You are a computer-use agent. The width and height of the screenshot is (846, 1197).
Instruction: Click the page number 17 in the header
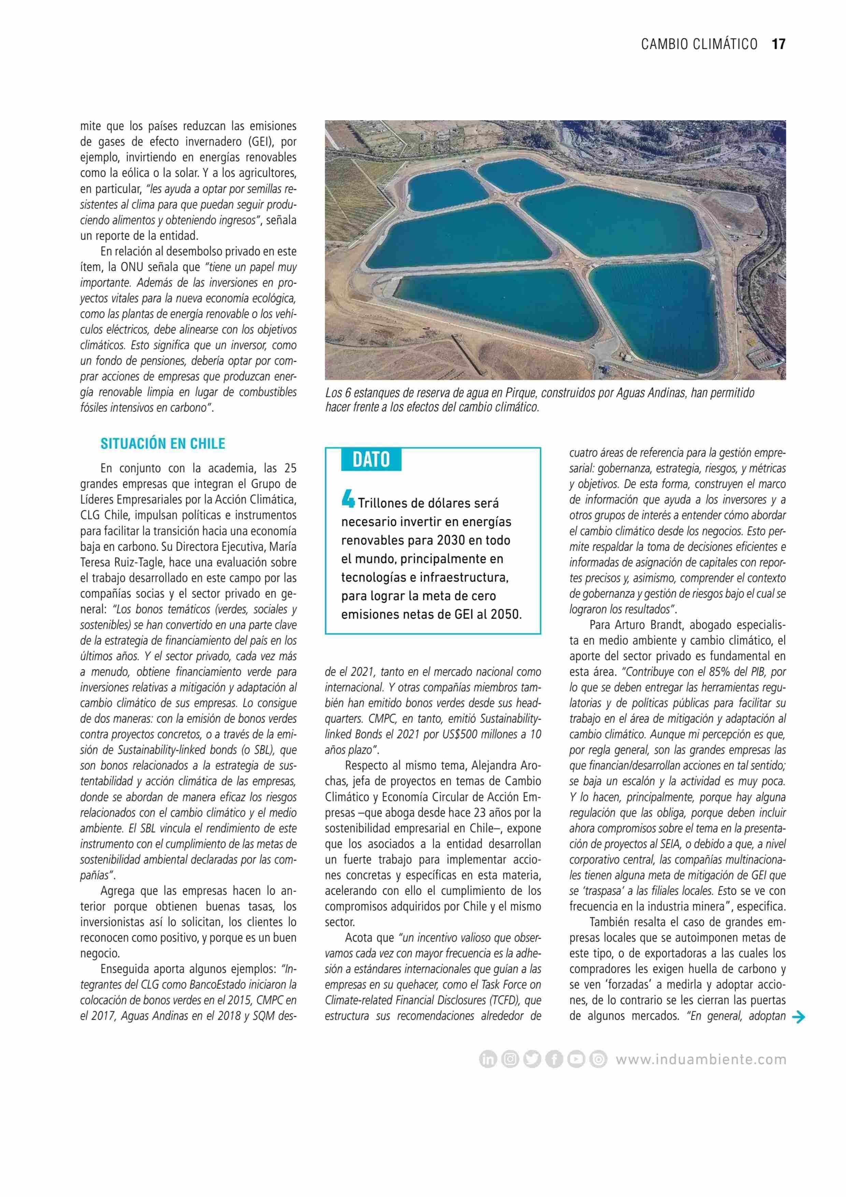pyautogui.click(x=778, y=44)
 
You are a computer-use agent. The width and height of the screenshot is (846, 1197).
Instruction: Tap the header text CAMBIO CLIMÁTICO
pyautogui.click(x=699, y=44)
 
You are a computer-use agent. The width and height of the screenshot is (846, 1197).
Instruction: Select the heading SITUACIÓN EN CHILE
pyautogui.click(x=163, y=444)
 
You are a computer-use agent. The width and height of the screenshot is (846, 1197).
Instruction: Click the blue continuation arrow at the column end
pyautogui.click(x=798, y=1016)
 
